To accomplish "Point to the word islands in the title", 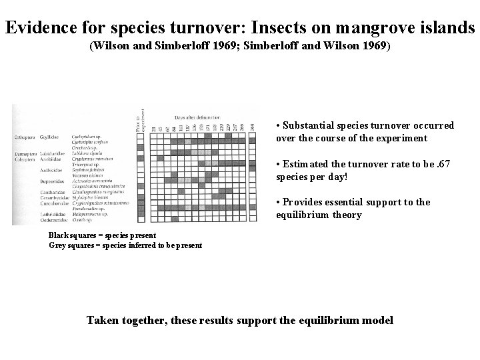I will [445, 28].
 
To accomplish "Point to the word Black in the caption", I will [58, 235].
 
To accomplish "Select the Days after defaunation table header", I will [197, 115].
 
